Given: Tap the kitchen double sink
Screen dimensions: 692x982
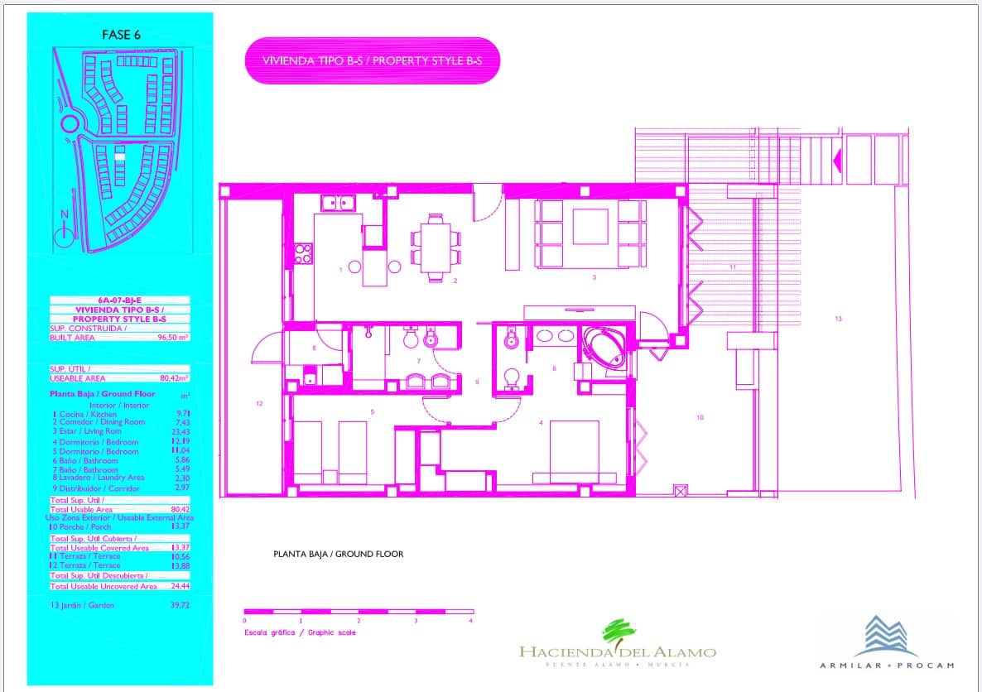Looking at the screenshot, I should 338,201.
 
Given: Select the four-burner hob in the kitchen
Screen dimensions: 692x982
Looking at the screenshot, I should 303,252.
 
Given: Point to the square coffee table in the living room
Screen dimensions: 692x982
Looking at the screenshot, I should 590,226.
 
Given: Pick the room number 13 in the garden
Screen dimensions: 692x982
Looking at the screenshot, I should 838,318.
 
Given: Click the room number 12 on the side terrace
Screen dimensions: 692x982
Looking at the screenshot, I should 259,404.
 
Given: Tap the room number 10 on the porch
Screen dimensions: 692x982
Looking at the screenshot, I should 700,417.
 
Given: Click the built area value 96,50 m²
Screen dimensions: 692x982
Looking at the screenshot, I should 173,338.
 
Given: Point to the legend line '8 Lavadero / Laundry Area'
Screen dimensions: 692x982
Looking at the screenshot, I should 97,478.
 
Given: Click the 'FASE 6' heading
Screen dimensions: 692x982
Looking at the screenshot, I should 121,35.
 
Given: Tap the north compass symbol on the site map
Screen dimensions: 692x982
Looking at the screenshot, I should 64,237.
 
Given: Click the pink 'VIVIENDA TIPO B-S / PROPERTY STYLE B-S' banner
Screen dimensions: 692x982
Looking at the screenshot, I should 373,60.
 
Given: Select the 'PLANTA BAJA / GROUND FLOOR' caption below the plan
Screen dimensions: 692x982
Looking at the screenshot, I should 338,554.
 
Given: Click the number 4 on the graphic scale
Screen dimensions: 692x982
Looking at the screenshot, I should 470,620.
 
